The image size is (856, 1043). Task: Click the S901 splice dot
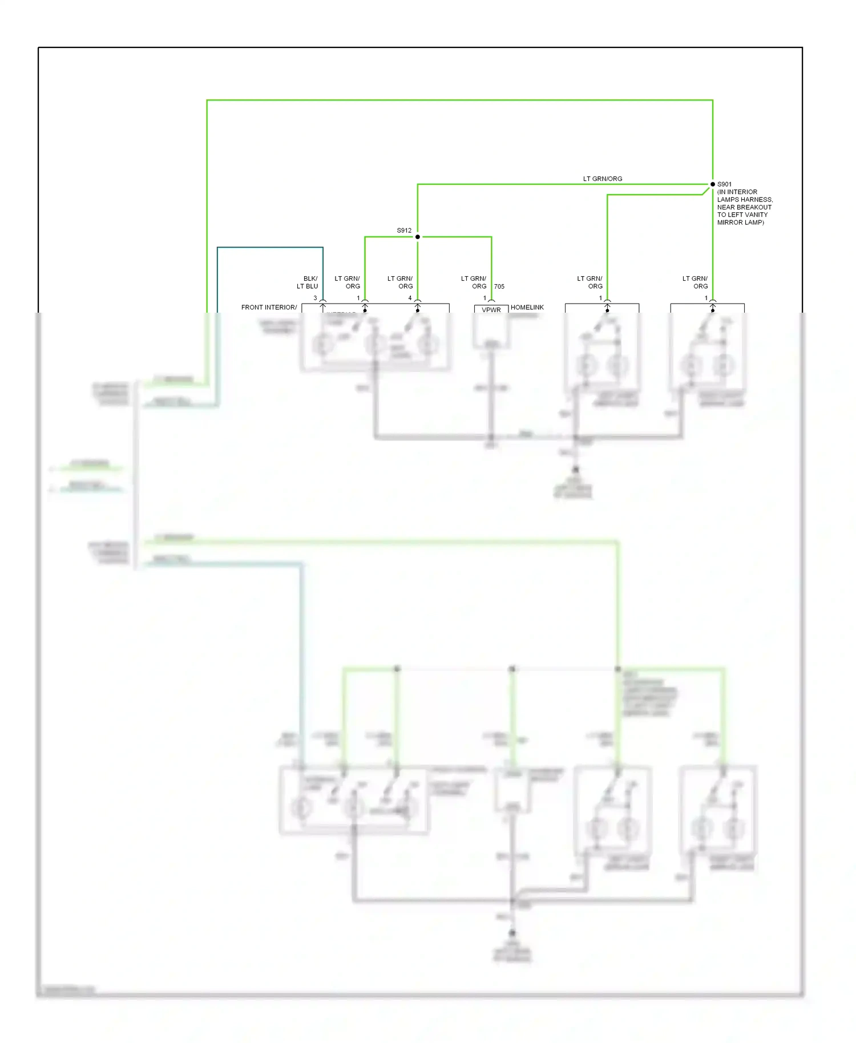(x=712, y=184)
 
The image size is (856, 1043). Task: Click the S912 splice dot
(x=418, y=237)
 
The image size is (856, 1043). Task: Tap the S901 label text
(x=724, y=184)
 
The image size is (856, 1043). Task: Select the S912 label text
(x=404, y=231)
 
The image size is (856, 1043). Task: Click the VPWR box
(x=491, y=310)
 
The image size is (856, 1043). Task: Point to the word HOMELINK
(x=527, y=308)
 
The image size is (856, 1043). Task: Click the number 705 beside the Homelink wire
(x=499, y=286)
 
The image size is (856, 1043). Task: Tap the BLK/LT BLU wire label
(x=308, y=282)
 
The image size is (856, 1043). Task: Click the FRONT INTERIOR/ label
(x=269, y=308)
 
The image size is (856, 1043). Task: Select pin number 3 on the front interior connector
(x=315, y=298)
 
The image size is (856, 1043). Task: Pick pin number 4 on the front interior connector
(x=410, y=298)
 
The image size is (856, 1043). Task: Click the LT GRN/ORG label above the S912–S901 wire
(x=603, y=179)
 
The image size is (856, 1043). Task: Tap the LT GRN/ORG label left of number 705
(x=474, y=282)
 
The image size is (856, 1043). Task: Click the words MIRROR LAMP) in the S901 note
(x=740, y=223)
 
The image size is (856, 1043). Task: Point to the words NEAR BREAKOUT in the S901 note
(x=744, y=207)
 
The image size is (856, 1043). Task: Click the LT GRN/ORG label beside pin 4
(x=401, y=282)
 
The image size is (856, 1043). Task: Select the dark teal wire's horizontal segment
(x=270, y=248)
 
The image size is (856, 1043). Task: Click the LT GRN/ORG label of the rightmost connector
(x=696, y=282)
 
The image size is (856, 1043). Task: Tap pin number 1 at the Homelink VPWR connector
(x=484, y=298)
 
